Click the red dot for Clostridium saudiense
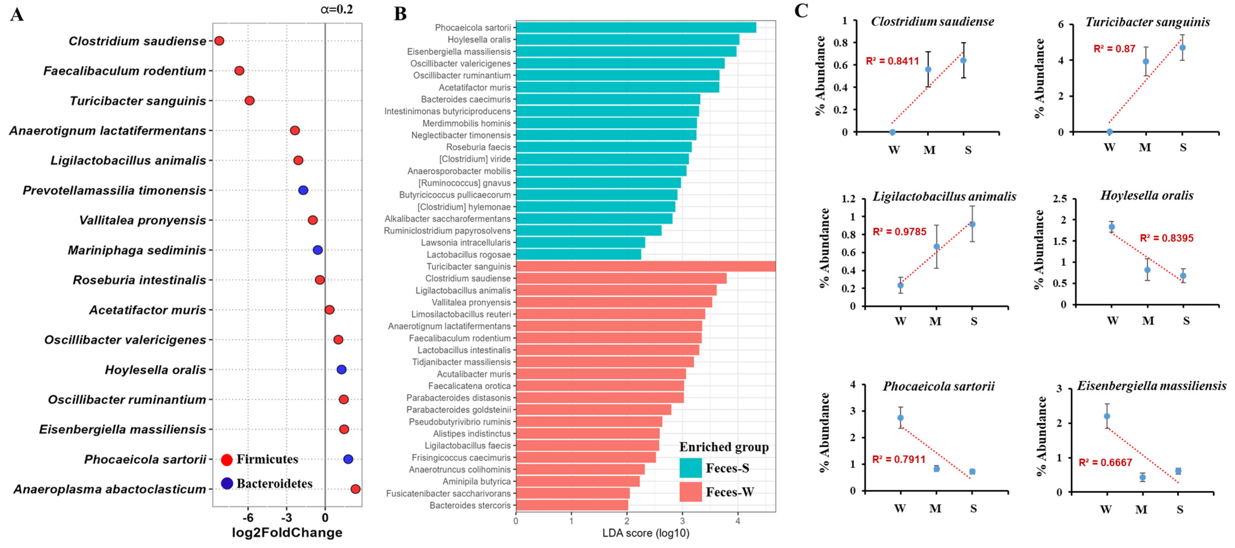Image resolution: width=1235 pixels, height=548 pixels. (219, 41)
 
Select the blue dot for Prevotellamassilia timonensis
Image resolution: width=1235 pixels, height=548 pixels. (303, 190)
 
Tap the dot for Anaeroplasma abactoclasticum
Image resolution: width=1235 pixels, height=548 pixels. (355, 489)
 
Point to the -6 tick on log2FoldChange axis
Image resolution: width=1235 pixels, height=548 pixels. (248, 518)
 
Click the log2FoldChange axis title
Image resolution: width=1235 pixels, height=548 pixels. (287, 533)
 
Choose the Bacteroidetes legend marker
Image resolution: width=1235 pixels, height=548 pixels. (227, 483)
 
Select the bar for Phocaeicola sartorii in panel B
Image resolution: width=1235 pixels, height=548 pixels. (636, 27)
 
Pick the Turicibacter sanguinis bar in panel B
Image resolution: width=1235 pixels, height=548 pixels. (645, 266)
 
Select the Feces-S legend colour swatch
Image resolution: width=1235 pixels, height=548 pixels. (690, 468)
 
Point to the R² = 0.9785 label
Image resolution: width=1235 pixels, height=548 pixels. (899, 232)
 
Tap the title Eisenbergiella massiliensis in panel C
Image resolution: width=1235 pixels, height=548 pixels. (1152, 386)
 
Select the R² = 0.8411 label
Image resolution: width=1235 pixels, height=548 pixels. (892, 61)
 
